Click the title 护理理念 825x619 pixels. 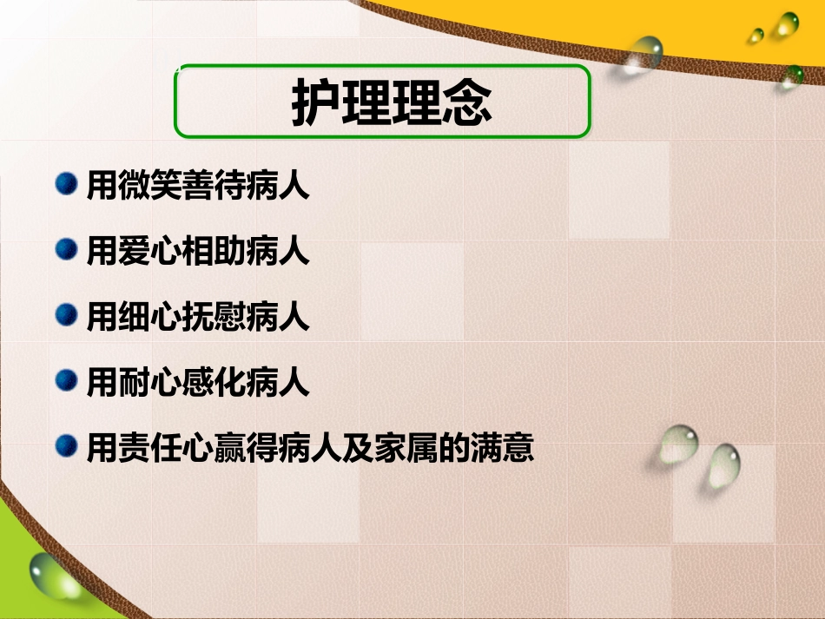(392, 103)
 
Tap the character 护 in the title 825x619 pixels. (315, 103)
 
